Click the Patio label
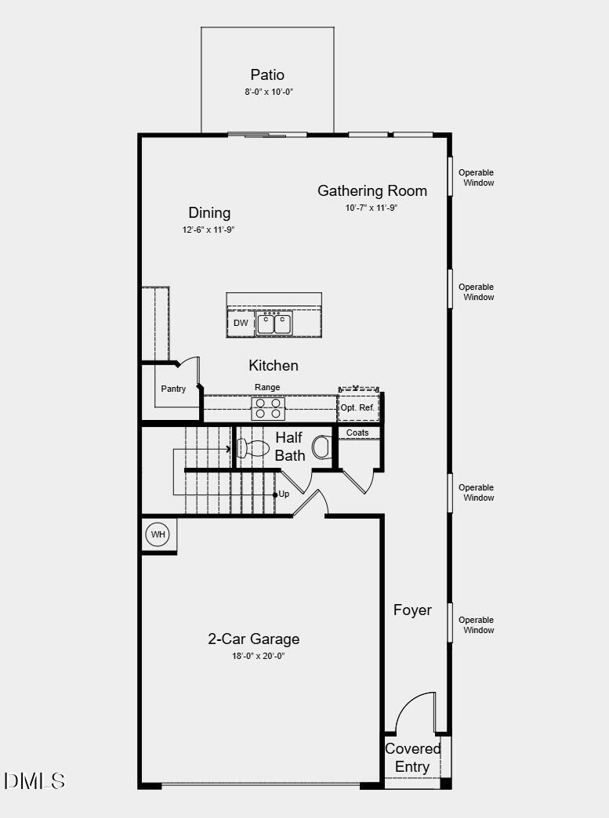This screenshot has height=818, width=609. pyautogui.click(x=267, y=75)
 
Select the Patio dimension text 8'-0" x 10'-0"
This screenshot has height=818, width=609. pyautogui.click(x=268, y=92)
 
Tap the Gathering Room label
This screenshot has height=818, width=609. pyautogui.click(x=372, y=190)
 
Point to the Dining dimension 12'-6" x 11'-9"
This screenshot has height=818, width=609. pyautogui.click(x=208, y=230)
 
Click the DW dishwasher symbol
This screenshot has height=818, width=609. pyautogui.click(x=241, y=323)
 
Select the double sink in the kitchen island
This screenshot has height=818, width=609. pyautogui.click(x=274, y=323)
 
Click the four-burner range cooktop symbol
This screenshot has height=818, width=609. pyautogui.click(x=267, y=408)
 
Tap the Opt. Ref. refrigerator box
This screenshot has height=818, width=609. pyautogui.click(x=358, y=407)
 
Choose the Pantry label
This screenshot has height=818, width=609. pyautogui.click(x=173, y=389)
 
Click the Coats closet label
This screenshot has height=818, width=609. pyautogui.click(x=357, y=433)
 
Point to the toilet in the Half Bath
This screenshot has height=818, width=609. pyautogui.click(x=253, y=448)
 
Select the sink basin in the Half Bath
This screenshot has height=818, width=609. pyautogui.click(x=322, y=447)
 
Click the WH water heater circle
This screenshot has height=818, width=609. pyautogui.click(x=159, y=535)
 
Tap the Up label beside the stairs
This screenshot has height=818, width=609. pyautogui.click(x=284, y=494)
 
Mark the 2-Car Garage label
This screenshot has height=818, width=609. pyautogui.click(x=253, y=639)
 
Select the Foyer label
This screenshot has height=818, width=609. pyautogui.click(x=412, y=610)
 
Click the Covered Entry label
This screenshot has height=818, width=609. pyautogui.click(x=412, y=758)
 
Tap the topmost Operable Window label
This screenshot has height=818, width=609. pyautogui.click(x=477, y=178)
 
